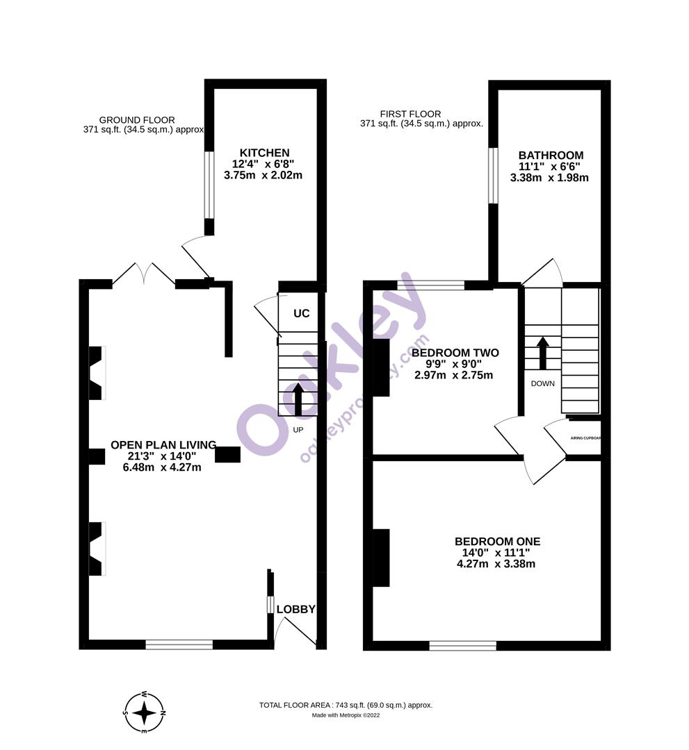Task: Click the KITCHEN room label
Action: point(264,153)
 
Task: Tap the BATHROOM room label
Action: point(551,155)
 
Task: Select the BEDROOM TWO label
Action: point(455,353)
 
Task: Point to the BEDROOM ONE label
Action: point(497,542)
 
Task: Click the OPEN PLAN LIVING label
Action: point(163,445)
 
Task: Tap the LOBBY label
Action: point(295,609)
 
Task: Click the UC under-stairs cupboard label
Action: point(301,313)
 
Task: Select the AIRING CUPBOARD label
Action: point(585,438)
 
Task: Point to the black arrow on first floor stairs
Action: point(542,353)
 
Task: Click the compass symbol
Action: point(144,712)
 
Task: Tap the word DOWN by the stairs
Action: point(542,383)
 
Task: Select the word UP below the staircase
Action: point(298,430)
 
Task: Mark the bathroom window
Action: point(492,176)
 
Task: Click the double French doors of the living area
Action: point(144,274)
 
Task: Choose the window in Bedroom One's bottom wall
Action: point(462,646)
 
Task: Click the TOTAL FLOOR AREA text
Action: point(346,705)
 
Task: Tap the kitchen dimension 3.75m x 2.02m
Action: point(263,176)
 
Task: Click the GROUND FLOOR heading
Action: point(137,120)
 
